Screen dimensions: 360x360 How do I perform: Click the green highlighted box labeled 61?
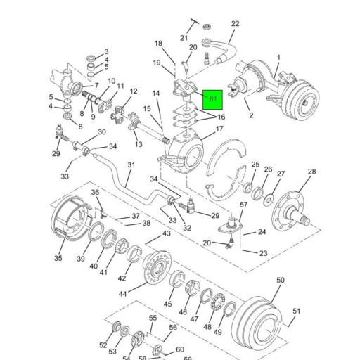click(x=213, y=99)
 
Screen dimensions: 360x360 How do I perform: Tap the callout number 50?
click(x=280, y=281)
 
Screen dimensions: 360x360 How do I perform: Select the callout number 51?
click(x=297, y=311)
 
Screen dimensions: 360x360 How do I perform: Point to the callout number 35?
click(x=58, y=259)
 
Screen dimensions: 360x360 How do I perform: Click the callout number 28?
click(x=312, y=172)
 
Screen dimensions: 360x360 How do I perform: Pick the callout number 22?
click(x=235, y=24)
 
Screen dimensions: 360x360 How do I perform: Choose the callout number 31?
click(x=130, y=165)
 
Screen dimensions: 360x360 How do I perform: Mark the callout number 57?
click(x=244, y=205)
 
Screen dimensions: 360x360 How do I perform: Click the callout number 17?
click(x=220, y=129)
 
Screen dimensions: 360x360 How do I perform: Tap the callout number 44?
click(x=123, y=293)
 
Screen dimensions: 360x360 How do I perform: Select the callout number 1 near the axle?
click(x=278, y=58)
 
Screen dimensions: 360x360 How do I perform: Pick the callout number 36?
click(x=96, y=192)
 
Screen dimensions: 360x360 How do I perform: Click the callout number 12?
click(x=134, y=91)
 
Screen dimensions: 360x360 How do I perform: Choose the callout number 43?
click(x=167, y=233)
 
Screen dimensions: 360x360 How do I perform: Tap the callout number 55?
click(x=153, y=318)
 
